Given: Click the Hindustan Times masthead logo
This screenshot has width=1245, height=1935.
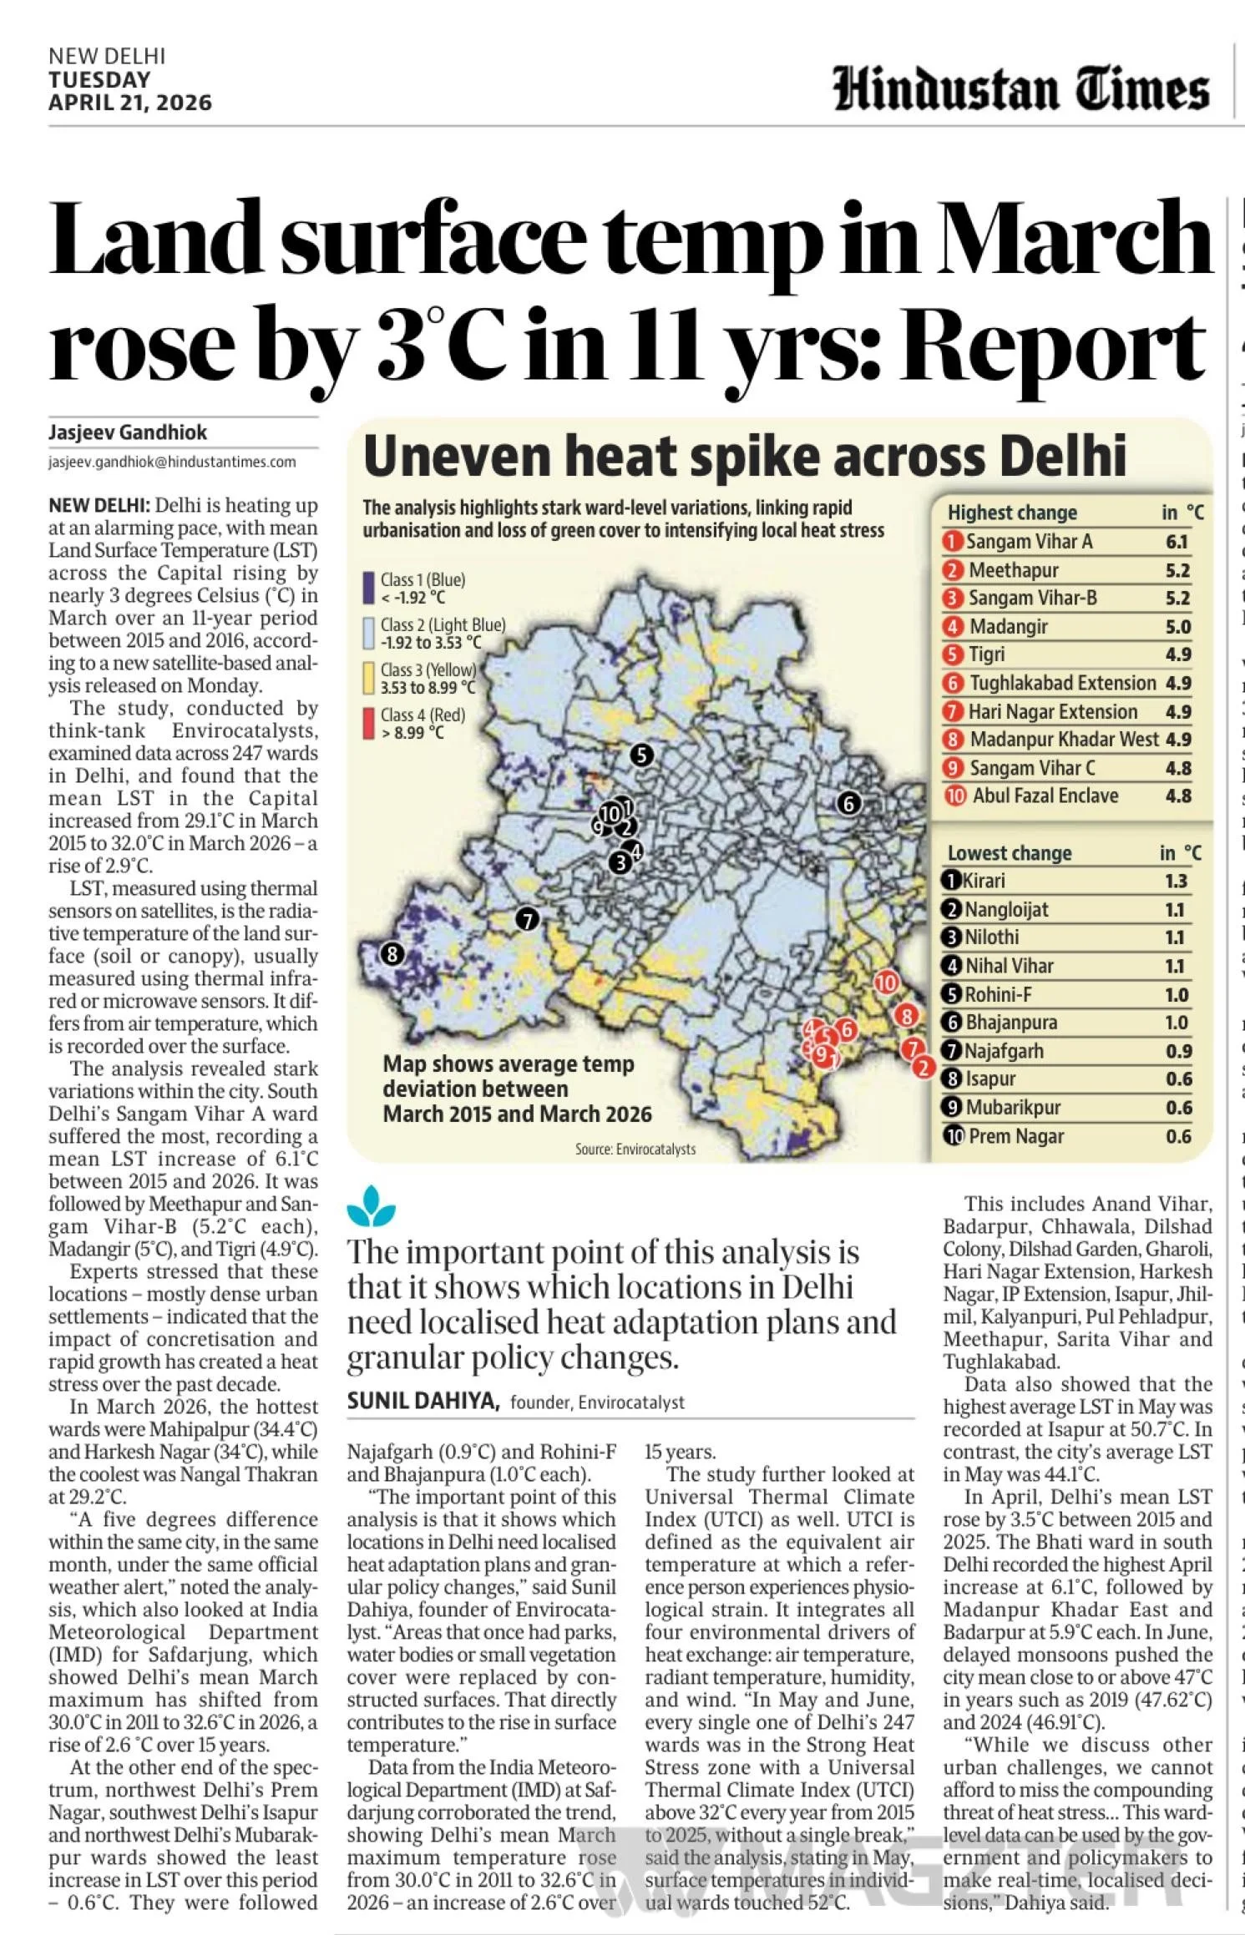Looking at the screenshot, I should tap(1020, 90).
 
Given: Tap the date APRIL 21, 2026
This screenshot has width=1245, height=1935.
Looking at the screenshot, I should tap(129, 103).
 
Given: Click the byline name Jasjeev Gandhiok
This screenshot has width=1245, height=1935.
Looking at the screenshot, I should tap(127, 432).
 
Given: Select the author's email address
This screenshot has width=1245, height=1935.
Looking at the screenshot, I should tap(172, 462).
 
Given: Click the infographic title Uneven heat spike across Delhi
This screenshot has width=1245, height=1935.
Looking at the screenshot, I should tap(744, 457).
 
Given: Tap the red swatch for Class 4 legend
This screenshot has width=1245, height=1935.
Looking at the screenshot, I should tap(367, 723).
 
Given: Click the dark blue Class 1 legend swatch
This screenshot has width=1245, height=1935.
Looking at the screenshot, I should tap(367, 588).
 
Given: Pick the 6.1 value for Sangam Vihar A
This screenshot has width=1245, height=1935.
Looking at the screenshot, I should tap(1176, 542).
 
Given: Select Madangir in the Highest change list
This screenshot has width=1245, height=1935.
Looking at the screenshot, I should tap(1008, 626).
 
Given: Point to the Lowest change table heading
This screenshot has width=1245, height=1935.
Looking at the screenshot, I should tap(1009, 853).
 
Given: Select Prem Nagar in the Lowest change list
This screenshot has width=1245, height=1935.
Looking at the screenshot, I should tap(1015, 1136).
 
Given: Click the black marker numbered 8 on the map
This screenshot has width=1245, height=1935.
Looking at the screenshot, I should tap(392, 953).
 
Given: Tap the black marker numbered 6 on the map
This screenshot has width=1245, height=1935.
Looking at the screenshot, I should tap(848, 803).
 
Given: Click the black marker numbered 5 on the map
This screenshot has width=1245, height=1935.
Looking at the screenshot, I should tap(641, 755).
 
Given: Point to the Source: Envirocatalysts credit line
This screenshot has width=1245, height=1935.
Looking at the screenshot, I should tap(635, 1149).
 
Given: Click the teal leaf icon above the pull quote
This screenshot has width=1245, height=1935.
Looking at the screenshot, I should tap(371, 1207).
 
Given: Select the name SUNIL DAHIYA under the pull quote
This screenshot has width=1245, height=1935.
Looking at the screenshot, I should tap(423, 1402).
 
